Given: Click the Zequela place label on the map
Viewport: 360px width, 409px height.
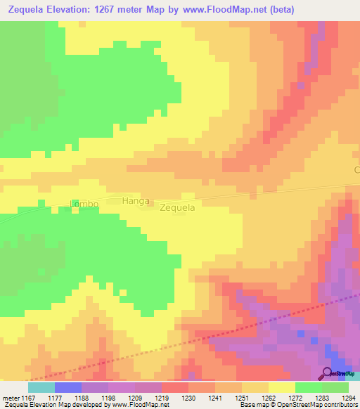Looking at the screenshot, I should [177, 208].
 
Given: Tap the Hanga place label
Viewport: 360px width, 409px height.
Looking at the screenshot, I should [136, 201].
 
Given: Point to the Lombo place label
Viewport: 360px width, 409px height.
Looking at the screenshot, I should [84, 204].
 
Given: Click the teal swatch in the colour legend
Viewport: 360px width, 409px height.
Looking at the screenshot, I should [41, 387].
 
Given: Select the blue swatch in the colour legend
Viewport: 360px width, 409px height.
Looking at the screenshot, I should [67, 387].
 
